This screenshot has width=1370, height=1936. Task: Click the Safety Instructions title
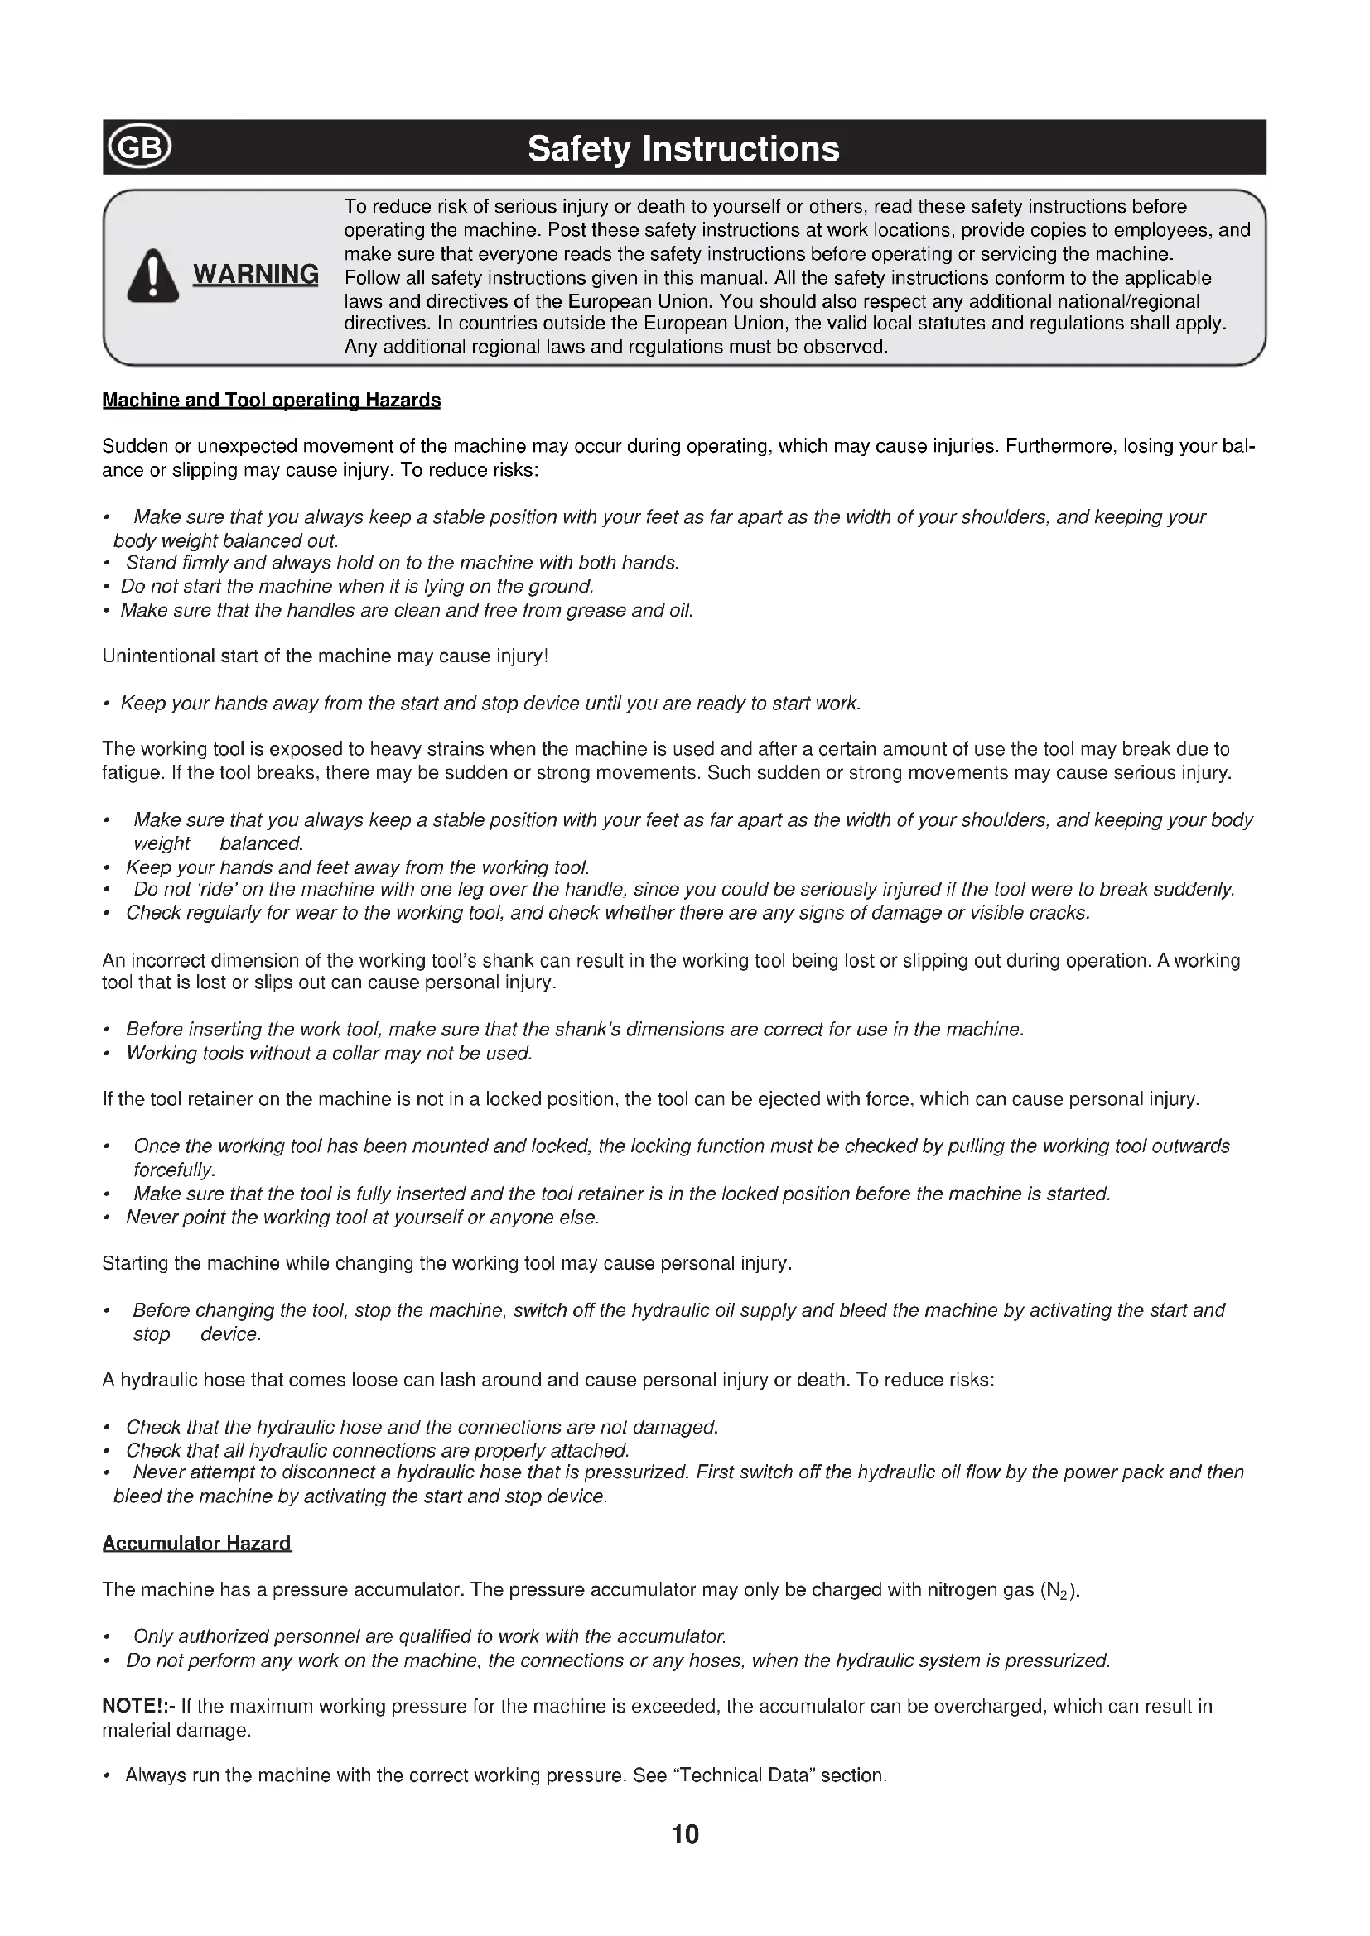pos(683,149)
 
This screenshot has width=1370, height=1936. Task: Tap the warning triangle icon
pos(152,276)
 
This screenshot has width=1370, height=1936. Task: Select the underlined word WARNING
pos(256,275)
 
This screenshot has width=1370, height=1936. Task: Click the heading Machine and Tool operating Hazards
pos(271,401)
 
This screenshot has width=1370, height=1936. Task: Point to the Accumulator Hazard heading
pos(196,1544)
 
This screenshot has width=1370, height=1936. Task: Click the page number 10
pos(685,1835)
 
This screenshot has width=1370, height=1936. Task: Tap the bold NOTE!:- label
pos(138,1707)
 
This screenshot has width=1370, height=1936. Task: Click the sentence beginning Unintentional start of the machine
pos(325,656)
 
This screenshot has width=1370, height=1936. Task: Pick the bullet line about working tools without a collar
pos(329,1053)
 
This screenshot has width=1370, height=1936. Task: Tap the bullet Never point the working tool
pos(362,1218)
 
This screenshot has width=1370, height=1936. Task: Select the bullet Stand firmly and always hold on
pos(403,562)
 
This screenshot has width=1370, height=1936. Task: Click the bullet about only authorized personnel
pos(429,1636)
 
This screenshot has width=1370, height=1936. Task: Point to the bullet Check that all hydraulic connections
pos(377,1451)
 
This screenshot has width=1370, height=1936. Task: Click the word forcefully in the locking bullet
pos(175,1170)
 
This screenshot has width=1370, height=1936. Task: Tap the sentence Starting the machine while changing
pos(447,1264)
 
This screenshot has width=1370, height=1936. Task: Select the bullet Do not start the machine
pos(357,586)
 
